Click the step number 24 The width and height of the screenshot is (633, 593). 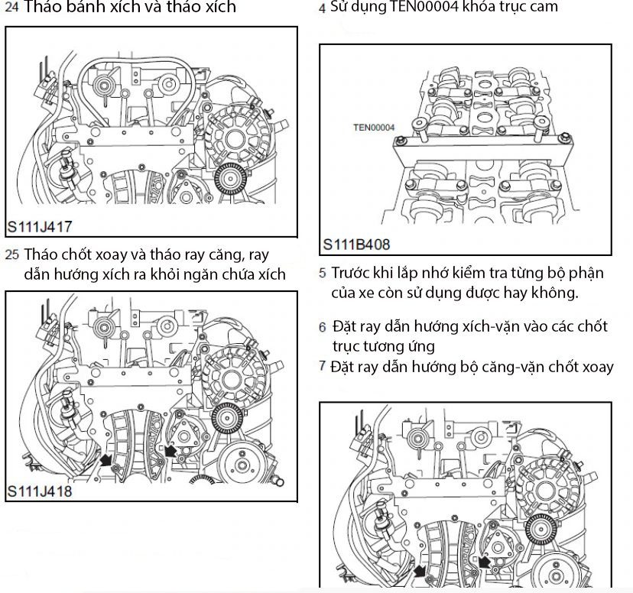tap(11, 8)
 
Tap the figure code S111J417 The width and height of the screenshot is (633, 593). tap(40, 227)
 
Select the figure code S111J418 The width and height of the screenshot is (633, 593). tap(40, 491)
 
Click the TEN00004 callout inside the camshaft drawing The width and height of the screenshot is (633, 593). tap(374, 128)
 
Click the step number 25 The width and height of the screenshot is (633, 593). tap(11, 255)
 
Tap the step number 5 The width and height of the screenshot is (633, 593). tap(323, 273)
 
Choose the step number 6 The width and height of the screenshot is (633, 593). tap(323, 327)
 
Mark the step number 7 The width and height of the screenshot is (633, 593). tap(323, 367)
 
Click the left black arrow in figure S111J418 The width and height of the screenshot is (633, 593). tap(107, 459)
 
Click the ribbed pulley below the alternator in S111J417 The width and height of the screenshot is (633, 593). tap(227, 180)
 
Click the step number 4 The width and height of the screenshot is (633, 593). tap(323, 8)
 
